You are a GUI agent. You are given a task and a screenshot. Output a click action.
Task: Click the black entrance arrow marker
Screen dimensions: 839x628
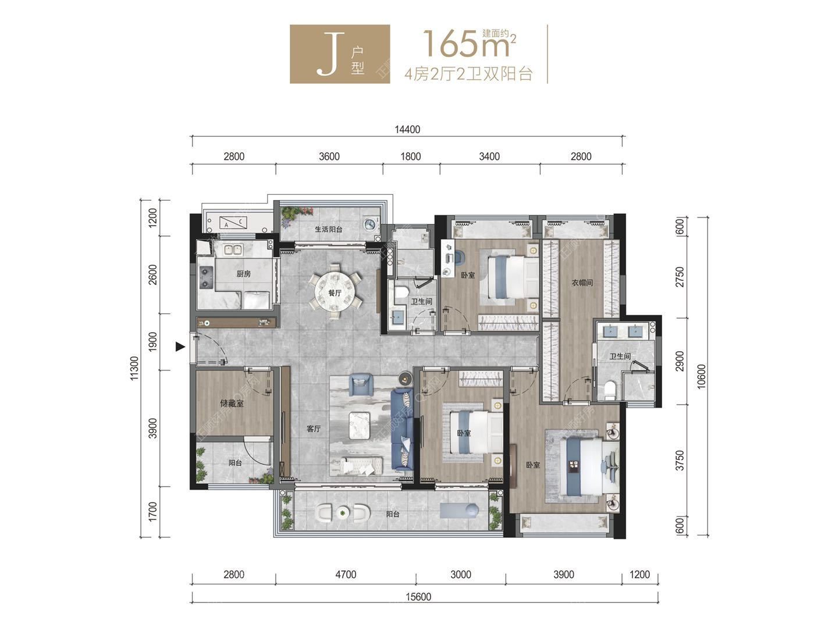point(180,347)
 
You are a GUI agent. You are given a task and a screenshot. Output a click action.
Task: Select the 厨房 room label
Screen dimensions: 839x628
point(243,273)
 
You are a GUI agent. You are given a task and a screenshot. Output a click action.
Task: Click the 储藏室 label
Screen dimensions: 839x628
point(232,403)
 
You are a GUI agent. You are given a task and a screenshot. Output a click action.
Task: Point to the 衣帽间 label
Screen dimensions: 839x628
point(582,283)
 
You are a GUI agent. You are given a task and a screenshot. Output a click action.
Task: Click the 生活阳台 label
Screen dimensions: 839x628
point(328,229)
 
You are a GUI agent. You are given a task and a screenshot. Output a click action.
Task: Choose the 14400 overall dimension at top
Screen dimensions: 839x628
point(407,130)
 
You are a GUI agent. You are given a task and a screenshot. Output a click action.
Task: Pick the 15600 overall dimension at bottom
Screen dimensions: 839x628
point(418,597)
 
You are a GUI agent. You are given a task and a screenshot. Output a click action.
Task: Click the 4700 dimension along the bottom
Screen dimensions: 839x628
point(346,575)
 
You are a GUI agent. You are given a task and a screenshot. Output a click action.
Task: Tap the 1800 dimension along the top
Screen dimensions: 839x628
point(411,156)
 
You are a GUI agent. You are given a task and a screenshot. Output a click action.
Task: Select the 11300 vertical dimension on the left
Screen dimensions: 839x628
point(134,368)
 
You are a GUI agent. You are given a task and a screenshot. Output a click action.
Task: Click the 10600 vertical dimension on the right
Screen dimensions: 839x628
point(701,377)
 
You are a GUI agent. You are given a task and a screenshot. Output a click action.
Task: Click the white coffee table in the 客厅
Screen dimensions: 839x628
point(360,426)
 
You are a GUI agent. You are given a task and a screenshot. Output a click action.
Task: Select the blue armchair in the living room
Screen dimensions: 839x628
point(361,384)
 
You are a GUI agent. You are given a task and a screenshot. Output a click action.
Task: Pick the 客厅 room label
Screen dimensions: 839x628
point(314,429)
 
